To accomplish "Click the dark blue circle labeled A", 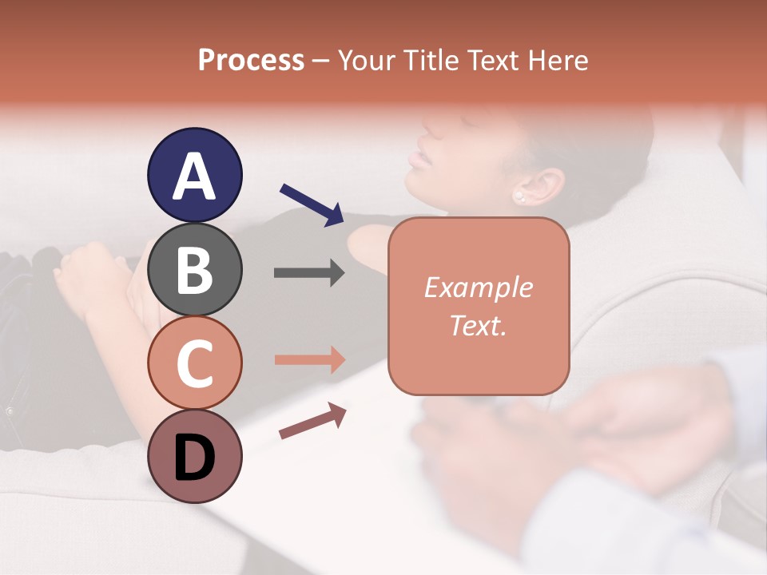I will tap(195, 175).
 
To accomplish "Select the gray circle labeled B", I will tap(195, 269).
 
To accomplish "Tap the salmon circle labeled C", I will tap(195, 363).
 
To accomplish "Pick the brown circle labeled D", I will tap(195, 456).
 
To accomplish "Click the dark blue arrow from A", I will tap(312, 204).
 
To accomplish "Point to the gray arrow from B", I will tap(309, 273).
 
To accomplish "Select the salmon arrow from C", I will tap(309, 359).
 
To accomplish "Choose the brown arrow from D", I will tap(312, 421).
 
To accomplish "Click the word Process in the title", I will tap(251, 61).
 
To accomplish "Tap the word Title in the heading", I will tap(428, 61).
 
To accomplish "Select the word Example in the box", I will tap(478, 287).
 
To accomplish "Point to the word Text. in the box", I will tap(478, 325).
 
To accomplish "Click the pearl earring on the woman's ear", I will tap(519, 195).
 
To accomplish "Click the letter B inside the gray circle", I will tap(195, 269).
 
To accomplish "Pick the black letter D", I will tap(195, 457).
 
